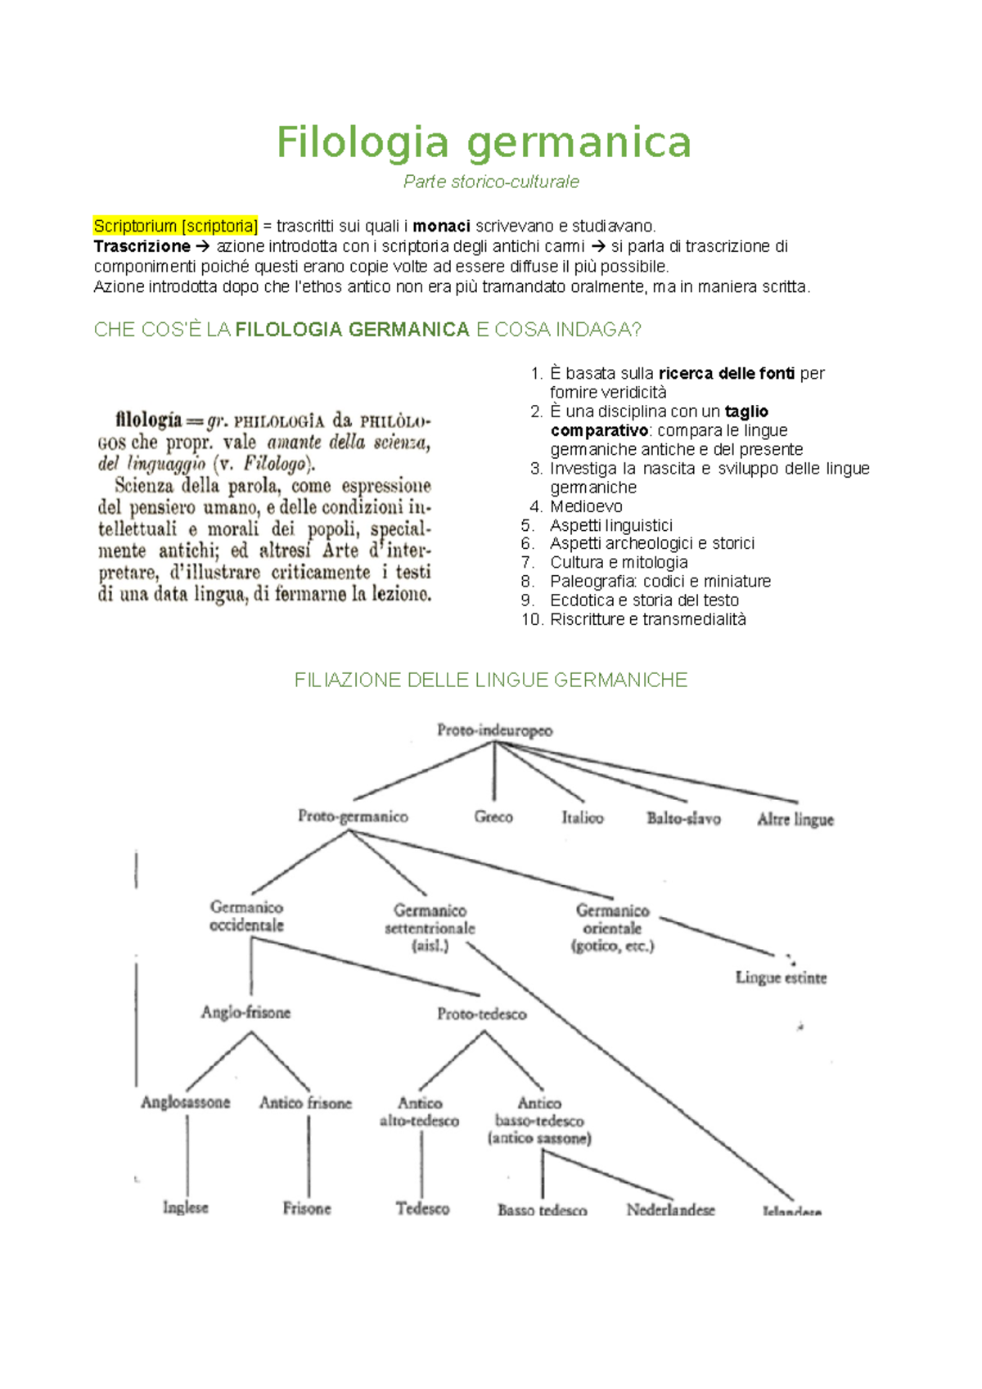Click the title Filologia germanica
tap(484, 142)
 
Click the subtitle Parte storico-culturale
tap(491, 182)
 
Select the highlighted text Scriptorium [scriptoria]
tap(176, 226)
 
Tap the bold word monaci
tap(441, 226)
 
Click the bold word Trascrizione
tap(142, 246)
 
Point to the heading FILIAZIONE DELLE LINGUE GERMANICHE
tap(491, 680)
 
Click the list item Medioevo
tap(586, 506)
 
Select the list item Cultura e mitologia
tap(619, 562)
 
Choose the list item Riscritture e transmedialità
tap(647, 619)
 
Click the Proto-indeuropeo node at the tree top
tap(494, 730)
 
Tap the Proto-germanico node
tap(353, 816)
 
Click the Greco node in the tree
tap(493, 816)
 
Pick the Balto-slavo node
tap(683, 818)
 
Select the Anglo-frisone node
tap(245, 1013)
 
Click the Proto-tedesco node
tap(481, 1014)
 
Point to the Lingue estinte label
tap(781, 978)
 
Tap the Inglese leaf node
tap(186, 1207)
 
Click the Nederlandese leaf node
tap(670, 1209)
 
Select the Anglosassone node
tap(186, 1102)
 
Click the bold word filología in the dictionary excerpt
tap(149, 420)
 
